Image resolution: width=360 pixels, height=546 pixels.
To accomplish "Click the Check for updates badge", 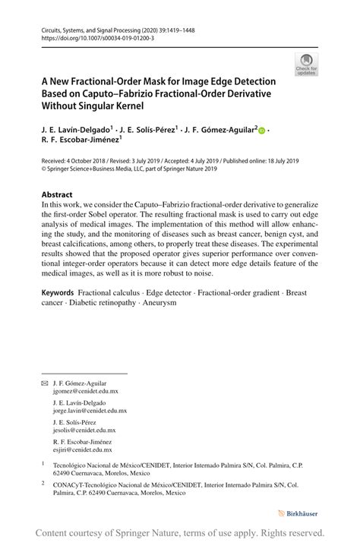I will (x=306, y=65).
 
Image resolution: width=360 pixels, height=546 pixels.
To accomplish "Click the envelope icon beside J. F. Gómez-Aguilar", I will (x=44, y=384).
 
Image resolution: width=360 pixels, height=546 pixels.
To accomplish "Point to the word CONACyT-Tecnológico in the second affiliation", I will (x=88, y=483).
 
